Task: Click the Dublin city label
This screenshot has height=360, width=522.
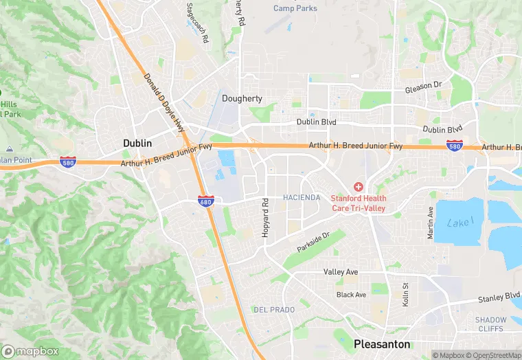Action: pyautogui.click(x=137, y=142)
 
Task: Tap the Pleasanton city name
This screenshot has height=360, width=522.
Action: pyautogui.click(x=381, y=344)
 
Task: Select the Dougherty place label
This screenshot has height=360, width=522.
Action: pyautogui.click(x=242, y=98)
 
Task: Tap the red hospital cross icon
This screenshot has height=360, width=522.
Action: pyautogui.click(x=357, y=187)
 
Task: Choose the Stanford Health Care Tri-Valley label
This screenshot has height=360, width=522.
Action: pyautogui.click(x=358, y=203)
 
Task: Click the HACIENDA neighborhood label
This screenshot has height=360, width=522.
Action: pyautogui.click(x=302, y=198)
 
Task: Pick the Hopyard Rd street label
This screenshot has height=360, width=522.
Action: pyautogui.click(x=265, y=218)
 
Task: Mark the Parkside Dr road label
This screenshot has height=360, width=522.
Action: pyautogui.click(x=314, y=241)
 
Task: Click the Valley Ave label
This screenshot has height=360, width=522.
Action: pyautogui.click(x=341, y=272)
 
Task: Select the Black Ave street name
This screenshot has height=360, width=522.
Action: pyautogui.click(x=352, y=295)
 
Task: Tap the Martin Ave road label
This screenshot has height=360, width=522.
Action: pyautogui.click(x=431, y=222)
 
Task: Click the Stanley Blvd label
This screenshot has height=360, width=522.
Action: pyautogui.click(x=499, y=300)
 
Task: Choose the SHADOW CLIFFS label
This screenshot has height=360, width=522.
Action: pyautogui.click(x=491, y=324)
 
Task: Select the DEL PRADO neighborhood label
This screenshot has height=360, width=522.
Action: pyautogui.click(x=273, y=310)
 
